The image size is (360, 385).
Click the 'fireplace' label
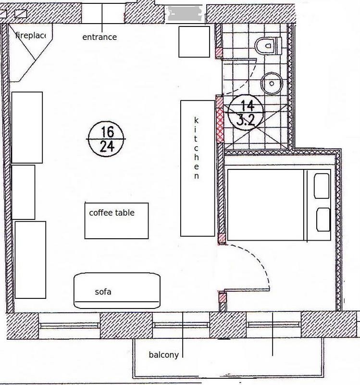pos(31,35)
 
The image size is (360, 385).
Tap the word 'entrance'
pos(99,37)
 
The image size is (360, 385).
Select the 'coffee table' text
pos(112,213)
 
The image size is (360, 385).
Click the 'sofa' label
pos(103,292)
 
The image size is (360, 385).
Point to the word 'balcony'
pos(164,355)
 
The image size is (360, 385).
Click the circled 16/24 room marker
pos(106,139)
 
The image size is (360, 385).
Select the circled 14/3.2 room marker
pos(246,113)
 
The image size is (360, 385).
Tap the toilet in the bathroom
pos(268,46)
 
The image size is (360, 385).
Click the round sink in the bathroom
pos(272,83)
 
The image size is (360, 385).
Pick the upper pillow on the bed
pos(322,186)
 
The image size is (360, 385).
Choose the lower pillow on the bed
pos(323,219)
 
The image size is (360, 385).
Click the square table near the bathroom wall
pos(194,42)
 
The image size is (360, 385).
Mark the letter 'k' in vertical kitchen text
pos(196,120)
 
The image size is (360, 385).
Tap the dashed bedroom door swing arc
pos(260,259)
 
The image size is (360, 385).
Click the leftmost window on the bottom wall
pos(69,326)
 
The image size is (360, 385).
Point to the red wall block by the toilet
pos(219,52)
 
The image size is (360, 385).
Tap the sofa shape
pos(117,291)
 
